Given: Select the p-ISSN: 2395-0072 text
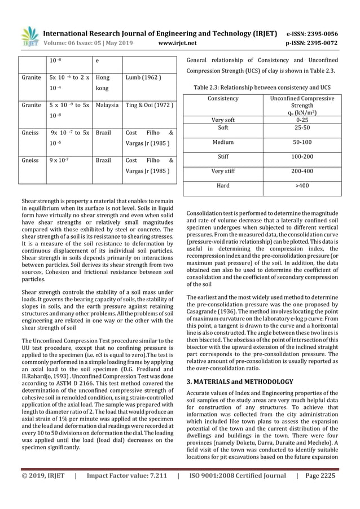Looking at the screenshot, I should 312,41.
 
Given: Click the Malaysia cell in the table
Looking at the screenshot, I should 107,105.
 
